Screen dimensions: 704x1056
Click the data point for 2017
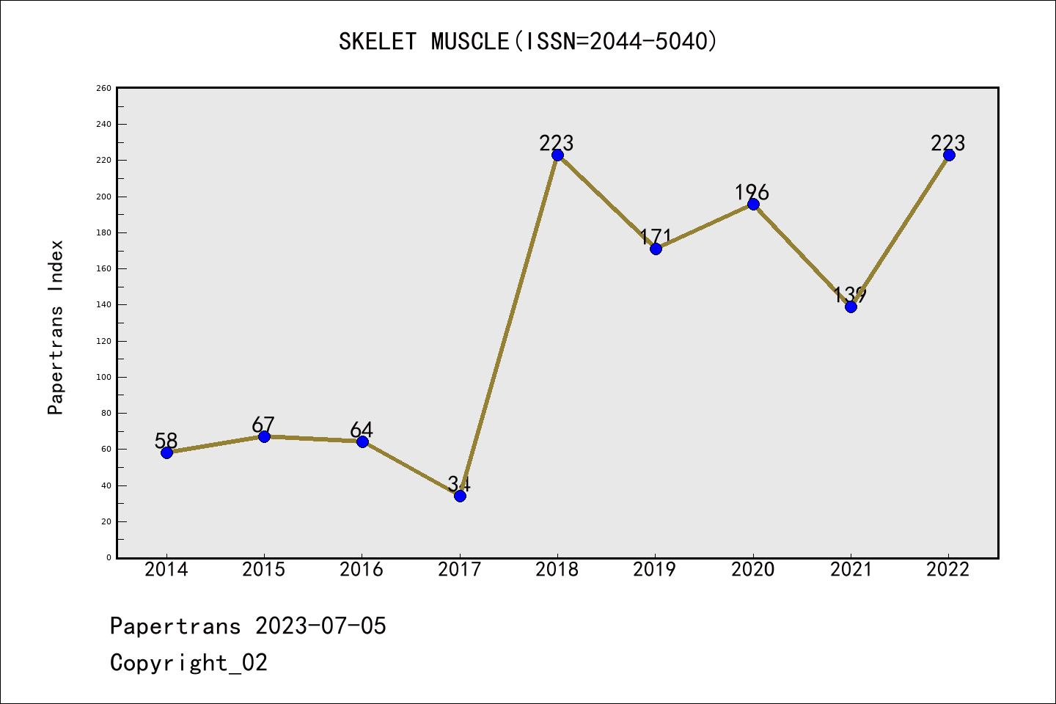460,496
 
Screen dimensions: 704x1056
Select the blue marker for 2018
557,155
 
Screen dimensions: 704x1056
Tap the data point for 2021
851,307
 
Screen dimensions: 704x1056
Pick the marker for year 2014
166,452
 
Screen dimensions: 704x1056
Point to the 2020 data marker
753,204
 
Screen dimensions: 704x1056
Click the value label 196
752,192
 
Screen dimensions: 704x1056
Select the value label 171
655,236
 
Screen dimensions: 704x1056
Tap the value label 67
263,425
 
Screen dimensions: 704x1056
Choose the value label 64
362,429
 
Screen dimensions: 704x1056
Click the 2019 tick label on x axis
655,569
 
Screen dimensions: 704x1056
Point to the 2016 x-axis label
362,569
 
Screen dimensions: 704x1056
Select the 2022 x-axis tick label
948,569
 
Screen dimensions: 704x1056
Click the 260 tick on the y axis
104,88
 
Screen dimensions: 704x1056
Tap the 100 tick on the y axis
104,377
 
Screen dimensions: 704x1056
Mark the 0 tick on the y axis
109,557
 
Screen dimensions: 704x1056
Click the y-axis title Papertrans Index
56,327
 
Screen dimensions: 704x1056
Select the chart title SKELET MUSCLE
423,41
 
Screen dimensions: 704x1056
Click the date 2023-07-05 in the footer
320,626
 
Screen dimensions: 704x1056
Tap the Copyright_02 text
188,663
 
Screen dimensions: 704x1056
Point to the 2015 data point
264,436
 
